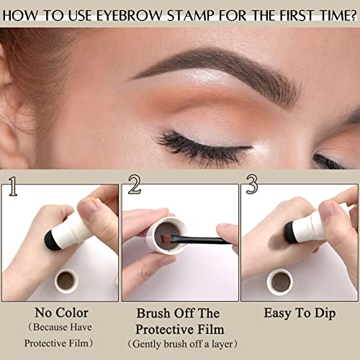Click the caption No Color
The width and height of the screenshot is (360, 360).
pyautogui.click(x=60, y=313)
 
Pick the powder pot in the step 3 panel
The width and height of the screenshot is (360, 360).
pyautogui.click(x=282, y=281)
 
